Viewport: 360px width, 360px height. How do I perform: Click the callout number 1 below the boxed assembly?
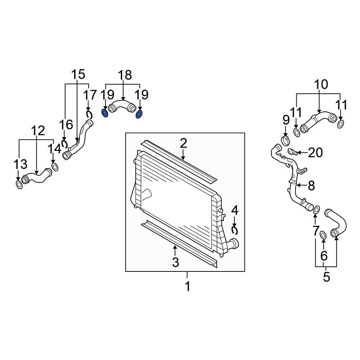tap(187, 287)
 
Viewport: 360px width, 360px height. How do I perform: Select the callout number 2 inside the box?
tap(183, 143)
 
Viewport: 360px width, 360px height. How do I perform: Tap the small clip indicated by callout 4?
tap(235, 229)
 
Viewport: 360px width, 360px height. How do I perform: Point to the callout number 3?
tap(175, 262)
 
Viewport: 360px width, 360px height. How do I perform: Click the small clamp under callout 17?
tap(89, 115)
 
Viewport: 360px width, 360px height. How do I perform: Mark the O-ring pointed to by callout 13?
tap(19, 185)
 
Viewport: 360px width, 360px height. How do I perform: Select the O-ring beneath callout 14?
tap(55, 167)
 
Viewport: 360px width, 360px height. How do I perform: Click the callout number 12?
tap(37, 131)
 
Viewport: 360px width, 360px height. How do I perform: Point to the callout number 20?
tap(316, 153)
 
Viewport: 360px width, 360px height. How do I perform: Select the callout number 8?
tap(311, 186)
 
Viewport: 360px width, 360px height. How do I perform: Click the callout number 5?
tap(326, 278)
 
